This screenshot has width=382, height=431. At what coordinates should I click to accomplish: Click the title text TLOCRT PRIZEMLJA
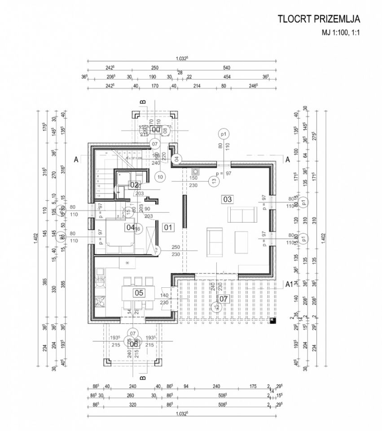click(x=319, y=19)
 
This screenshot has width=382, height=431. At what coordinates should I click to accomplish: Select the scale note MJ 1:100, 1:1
click(x=341, y=33)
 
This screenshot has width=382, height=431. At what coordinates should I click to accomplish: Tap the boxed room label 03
click(x=227, y=199)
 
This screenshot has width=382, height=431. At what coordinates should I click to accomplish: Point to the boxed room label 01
click(x=168, y=227)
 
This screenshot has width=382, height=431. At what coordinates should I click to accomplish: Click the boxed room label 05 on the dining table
click(x=139, y=293)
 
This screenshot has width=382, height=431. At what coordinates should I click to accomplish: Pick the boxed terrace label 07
click(x=223, y=298)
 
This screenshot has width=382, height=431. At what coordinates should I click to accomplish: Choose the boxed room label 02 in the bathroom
click(x=134, y=185)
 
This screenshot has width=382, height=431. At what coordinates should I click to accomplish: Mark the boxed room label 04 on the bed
click(x=130, y=227)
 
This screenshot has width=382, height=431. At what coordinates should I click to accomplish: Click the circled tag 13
click(x=214, y=180)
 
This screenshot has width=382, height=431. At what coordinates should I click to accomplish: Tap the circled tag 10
click(x=160, y=177)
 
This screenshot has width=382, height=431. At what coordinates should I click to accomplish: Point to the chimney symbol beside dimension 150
click(x=195, y=171)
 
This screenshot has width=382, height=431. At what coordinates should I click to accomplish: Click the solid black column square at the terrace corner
click(x=272, y=320)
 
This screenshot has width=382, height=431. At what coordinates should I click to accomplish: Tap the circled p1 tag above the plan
click(x=223, y=134)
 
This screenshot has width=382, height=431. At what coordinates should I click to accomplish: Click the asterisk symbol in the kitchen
click(x=127, y=263)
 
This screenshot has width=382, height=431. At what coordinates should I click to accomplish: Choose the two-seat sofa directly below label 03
click(x=242, y=215)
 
